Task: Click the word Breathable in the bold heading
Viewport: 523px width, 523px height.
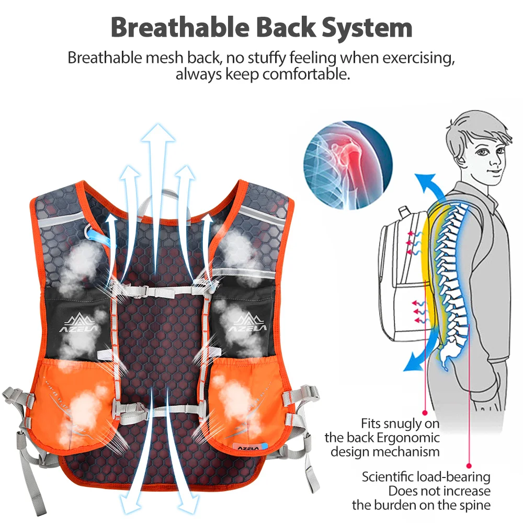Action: click(x=180, y=27)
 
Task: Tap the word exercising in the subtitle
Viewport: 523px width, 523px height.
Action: click(x=418, y=58)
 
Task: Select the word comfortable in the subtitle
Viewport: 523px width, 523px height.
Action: click(x=306, y=74)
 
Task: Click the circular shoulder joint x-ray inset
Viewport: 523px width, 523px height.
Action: click(x=348, y=165)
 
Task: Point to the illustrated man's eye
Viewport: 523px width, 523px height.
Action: click(x=482, y=152)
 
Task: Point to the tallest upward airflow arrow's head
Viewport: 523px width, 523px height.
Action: click(x=158, y=133)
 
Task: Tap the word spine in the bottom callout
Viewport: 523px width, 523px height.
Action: click(x=475, y=505)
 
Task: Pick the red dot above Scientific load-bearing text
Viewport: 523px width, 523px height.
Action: click(x=469, y=465)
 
